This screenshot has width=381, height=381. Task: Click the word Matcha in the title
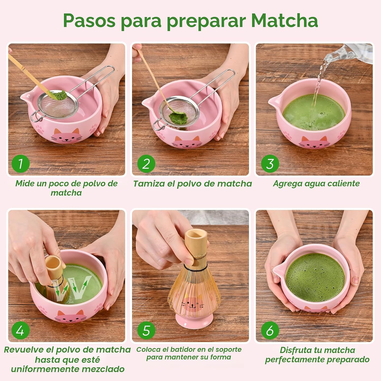284,20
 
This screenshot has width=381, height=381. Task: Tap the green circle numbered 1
21,164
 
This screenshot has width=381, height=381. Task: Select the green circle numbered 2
146,164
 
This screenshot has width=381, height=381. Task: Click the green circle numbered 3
270,164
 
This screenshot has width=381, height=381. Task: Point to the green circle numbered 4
21,330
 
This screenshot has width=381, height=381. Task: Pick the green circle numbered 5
146,330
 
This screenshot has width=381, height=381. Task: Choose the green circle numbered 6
270,330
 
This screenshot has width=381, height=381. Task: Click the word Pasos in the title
89,20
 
